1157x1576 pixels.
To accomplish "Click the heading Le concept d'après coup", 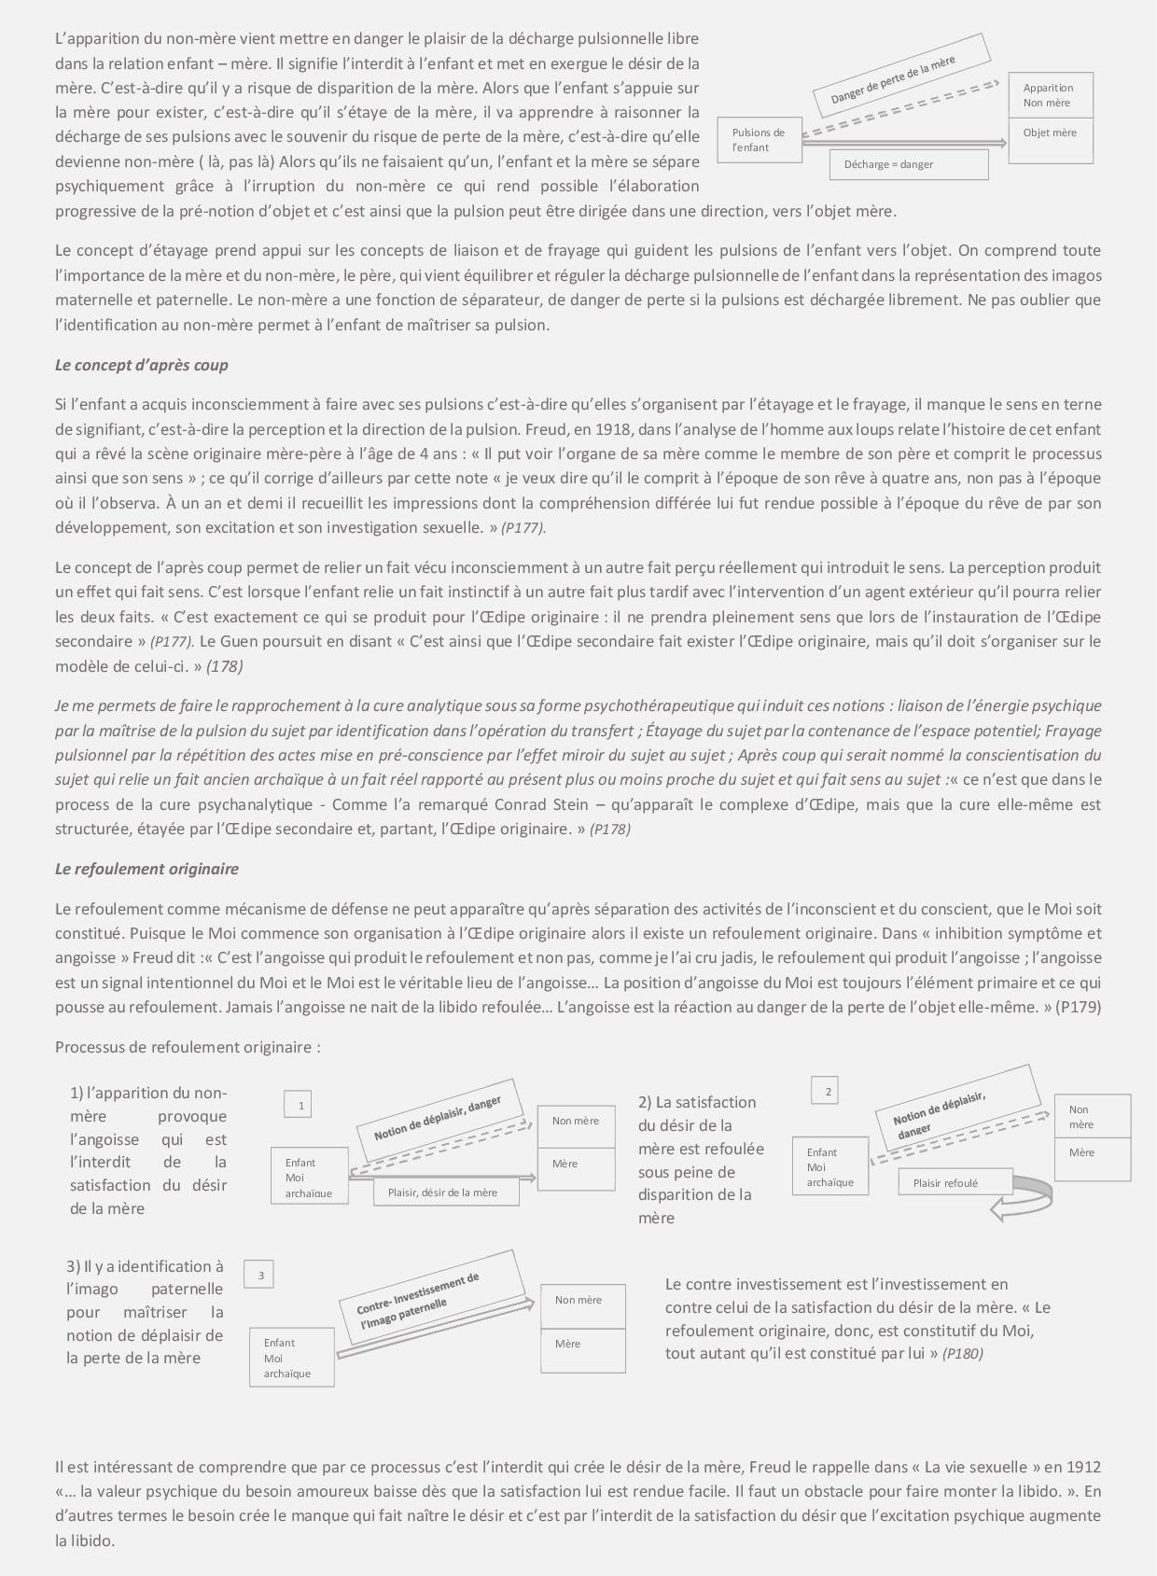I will [x=141, y=365].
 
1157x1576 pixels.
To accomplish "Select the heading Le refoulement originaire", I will [x=146, y=869].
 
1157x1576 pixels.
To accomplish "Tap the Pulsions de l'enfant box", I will [x=760, y=140].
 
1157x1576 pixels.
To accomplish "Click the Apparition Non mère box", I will [x=1050, y=95].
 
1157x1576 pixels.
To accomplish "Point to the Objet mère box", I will [x=1050, y=140].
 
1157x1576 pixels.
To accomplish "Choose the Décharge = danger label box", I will [x=908, y=164].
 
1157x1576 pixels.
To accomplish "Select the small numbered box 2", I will [x=826, y=1090].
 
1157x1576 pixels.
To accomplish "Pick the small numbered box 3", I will [x=260, y=1275].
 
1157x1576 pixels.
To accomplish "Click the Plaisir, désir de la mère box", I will [x=446, y=1192].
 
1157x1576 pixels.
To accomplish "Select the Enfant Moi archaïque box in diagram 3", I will [x=292, y=1358].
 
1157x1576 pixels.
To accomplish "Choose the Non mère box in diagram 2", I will [x=1092, y=1117].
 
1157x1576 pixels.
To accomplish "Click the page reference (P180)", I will [x=963, y=1353].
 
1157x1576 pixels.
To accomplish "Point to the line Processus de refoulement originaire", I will [x=188, y=1047].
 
